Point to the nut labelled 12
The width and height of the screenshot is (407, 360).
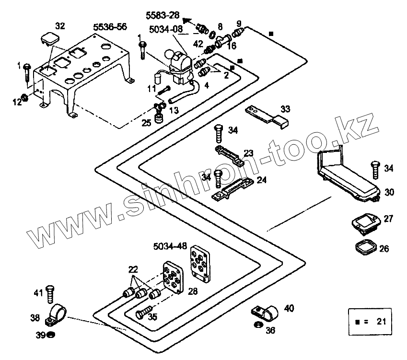(26, 100)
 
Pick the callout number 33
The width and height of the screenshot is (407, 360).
(285, 109)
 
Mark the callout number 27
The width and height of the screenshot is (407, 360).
(388, 219)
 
